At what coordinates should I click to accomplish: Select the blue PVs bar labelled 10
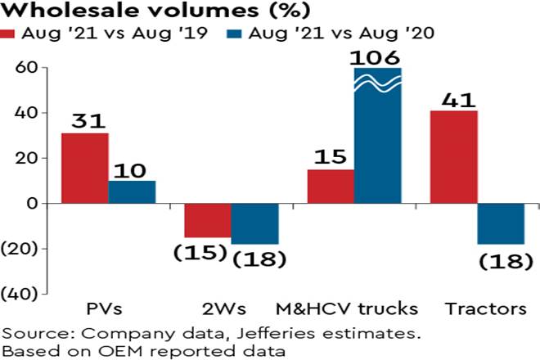click(x=132, y=191)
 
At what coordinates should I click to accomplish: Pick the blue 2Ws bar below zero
click(x=254, y=223)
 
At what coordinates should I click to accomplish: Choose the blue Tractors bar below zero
click(x=501, y=223)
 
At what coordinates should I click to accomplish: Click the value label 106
click(x=377, y=57)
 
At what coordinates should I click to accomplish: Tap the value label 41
click(x=452, y=100)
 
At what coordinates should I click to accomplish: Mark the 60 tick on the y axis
click(x=25, y=67)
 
